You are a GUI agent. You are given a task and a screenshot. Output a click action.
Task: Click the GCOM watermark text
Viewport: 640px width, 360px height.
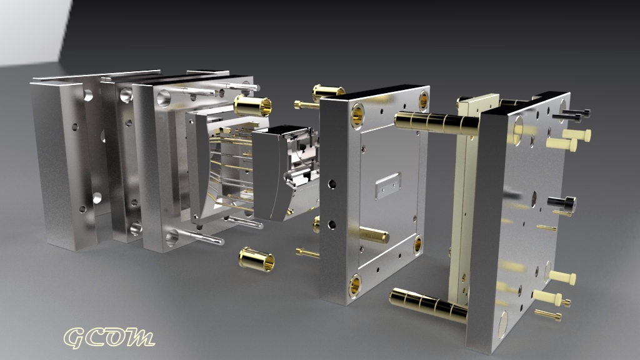point(109,337)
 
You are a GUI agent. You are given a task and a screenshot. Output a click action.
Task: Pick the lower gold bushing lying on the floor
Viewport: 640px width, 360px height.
point(257,258)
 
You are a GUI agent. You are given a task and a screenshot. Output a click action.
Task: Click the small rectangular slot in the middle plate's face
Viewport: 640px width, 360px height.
point(387,182)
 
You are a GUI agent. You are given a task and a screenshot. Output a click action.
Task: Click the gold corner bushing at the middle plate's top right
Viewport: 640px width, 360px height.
point(423,99)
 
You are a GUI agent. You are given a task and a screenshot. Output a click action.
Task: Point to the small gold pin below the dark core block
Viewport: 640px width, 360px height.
point(307,252)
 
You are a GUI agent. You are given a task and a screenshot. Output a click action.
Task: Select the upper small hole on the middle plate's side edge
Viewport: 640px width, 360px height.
point(331,184)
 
